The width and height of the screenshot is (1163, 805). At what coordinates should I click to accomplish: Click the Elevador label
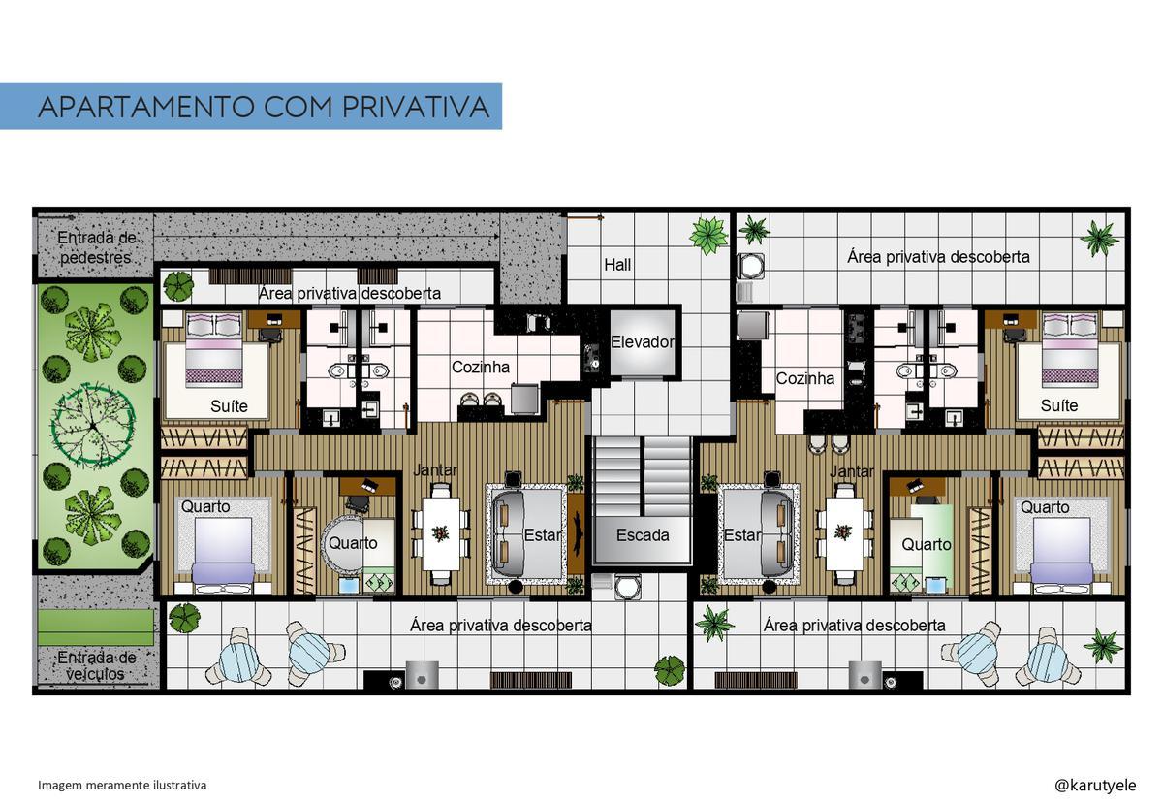click(643, 342)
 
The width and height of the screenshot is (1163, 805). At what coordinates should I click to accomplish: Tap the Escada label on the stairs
click(643, 534)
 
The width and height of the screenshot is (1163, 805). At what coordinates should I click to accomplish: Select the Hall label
click(617, 265)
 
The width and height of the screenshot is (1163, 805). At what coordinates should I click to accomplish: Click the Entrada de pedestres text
click(96, 247)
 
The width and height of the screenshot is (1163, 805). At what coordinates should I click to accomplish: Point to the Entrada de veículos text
click(96, 665)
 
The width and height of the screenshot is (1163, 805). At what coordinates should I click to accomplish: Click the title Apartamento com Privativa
click(264, 107)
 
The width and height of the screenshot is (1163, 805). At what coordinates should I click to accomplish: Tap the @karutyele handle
click(1095, 785)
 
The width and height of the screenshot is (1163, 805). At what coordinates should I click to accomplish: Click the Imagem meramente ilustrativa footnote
click(122, 785)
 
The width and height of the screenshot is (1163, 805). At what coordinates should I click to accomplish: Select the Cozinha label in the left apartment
click(481, 367)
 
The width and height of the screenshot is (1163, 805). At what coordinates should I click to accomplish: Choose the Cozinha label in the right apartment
click(804, 378)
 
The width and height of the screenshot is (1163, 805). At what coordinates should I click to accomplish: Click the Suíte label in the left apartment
click(229, 405)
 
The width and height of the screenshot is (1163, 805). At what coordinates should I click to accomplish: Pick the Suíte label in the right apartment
click(1059, 405)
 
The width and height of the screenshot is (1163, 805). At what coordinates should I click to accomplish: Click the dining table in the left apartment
click(441, 533)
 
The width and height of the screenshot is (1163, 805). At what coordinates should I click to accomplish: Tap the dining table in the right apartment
click(845, 533)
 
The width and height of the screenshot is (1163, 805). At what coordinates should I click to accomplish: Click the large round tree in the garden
click(93, 426)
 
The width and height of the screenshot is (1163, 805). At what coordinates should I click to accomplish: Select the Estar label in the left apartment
click(543, 534)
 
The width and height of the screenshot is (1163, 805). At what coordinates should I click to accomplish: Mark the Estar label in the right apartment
click(742, 534)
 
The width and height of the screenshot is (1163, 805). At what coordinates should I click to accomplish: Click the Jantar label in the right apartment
click(852, 471)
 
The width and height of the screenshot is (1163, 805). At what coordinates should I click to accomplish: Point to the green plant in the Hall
click(708, 235)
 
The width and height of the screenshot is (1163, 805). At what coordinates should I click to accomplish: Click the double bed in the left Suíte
click(214, 350)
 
